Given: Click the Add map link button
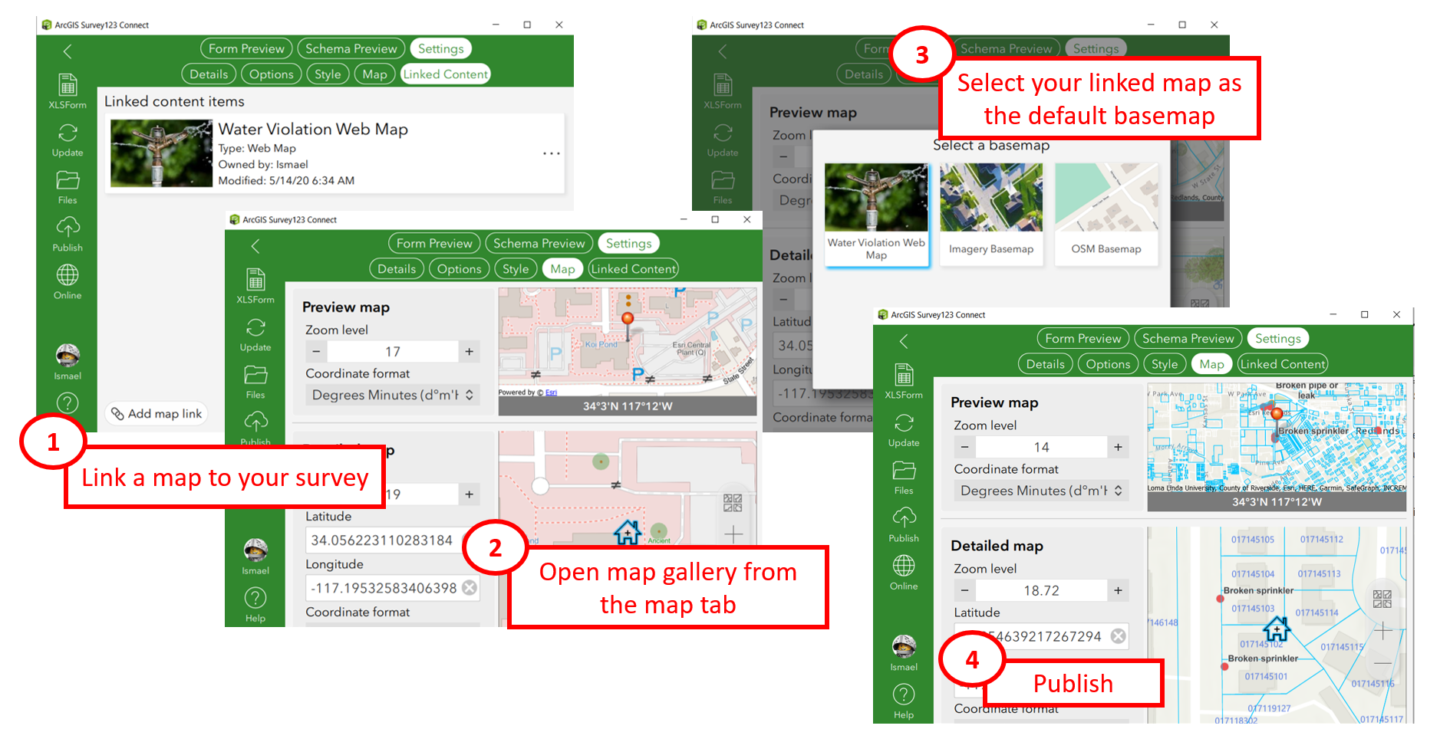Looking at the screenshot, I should pyautogui.click(x=157, y=414).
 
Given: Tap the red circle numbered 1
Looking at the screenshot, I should pyautogui.click(x=52, y=442).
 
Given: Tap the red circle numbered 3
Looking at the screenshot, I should pyautogui.click(x=921, y=55).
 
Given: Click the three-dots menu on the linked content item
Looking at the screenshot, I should pyautogui.click(x=551, y=153).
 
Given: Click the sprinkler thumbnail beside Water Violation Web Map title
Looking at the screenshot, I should pyautogui.click(x=161, y=153).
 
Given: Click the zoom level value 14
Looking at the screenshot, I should pyautogui.click(x=1040, y=447).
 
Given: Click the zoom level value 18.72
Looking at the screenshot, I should pyautogui.click(x=1040, y=590).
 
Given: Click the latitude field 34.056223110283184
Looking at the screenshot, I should pyautogui.click(x=381, y=540).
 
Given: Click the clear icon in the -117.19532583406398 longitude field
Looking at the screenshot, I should pyautogui.click(x=470, y=588).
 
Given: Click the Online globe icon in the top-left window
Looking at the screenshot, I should pyautogui.click(x=67, y=274).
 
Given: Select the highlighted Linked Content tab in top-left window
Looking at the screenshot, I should pyautogui.click(x=445, y=74).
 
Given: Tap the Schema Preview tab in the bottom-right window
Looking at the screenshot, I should pyautogui.click(x=1188, y=338).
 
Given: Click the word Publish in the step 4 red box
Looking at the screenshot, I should pyautogui.click(x=1073, y=683).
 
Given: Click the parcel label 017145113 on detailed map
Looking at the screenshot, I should pyautogui.click(x=1319, y=573).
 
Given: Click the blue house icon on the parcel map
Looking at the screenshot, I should pyautogui.click(x=1277, y=629).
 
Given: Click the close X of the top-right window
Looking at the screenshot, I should pyautogui.click(x=1214, y=25).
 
